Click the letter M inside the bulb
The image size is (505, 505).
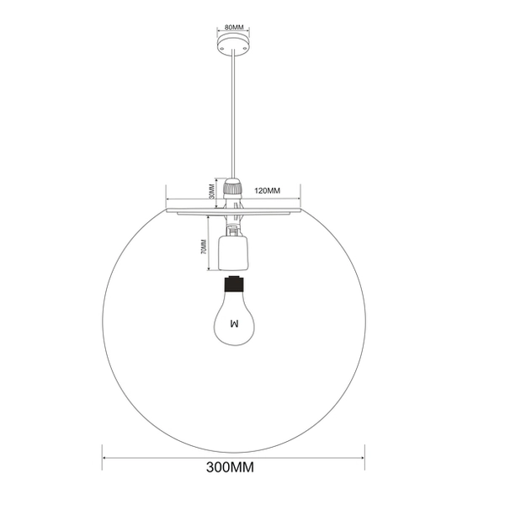point(234,322)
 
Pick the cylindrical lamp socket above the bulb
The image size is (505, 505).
point(233,250)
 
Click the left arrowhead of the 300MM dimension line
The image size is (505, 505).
point(105,458)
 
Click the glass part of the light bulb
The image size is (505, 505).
point(233,311)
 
